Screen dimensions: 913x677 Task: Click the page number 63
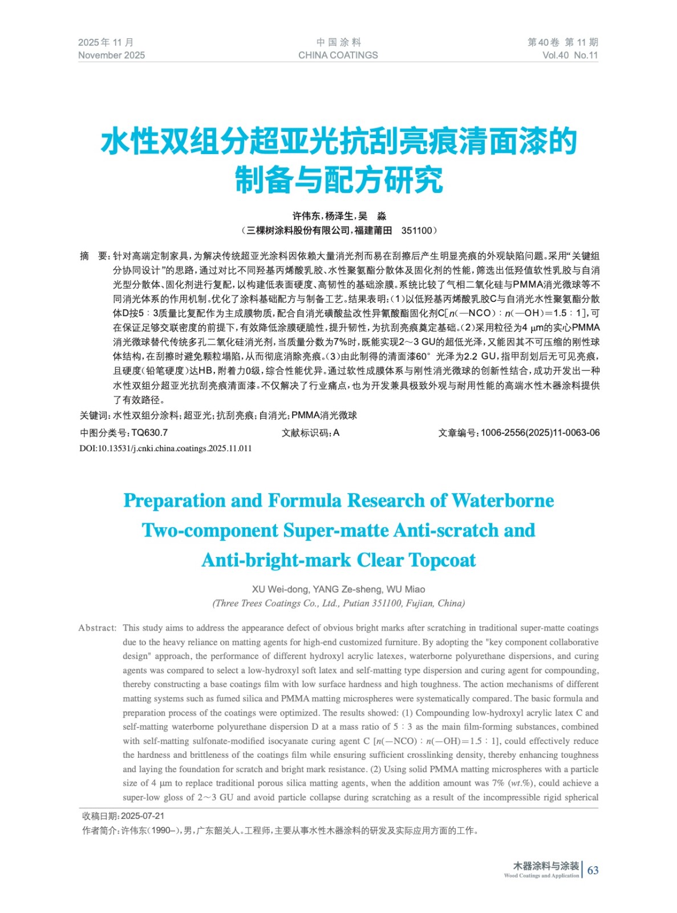click(593, 870)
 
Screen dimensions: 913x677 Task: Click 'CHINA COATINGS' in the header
click(338, 55)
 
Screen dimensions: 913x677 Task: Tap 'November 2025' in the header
click(111, 55)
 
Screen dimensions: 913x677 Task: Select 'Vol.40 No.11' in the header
click(570, 55)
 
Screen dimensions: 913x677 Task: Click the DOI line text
click(165, 449)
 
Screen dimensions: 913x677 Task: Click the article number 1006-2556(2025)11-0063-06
click(540, 433)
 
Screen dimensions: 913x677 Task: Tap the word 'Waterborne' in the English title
click(502, 500)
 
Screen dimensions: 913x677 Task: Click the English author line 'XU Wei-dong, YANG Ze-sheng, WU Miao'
click(338, 589)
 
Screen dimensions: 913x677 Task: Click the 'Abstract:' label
click(98, 628)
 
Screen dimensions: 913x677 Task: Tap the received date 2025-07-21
click(143, 816)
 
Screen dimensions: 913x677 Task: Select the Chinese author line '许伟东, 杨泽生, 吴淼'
click(339, 216)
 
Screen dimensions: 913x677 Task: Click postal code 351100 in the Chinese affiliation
click(417, 231)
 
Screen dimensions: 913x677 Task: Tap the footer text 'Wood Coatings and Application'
click(541, 875)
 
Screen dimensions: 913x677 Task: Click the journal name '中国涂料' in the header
click(338, 42)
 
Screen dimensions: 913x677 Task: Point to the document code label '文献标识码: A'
click(310, 433)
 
